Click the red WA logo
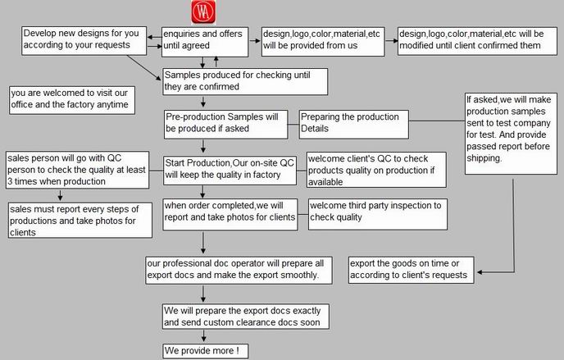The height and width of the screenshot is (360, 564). point(203,11)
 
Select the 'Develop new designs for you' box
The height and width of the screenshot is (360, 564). point(84,41)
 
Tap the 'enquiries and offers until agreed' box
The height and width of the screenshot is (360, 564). point(205,42)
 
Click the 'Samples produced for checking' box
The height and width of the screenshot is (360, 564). point(245,82)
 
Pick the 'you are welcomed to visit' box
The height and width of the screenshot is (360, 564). point(72,100)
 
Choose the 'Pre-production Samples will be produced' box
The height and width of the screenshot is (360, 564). point(226,125)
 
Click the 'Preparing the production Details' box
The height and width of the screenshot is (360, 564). point(353,125)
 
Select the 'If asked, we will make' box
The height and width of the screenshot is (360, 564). point(511,134)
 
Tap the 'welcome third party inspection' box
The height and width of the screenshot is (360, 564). point(378,214)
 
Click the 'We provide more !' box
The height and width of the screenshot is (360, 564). point(205,351)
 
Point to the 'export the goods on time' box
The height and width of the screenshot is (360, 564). point(412,270)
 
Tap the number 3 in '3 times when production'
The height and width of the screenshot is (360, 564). point(10,181)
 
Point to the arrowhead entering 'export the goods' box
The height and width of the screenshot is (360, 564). point(480,272)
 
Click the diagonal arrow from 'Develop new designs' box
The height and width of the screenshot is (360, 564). point(144,67)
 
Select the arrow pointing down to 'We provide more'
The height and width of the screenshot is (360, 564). point(203,336)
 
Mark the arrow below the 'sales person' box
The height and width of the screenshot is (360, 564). point(60,195)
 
